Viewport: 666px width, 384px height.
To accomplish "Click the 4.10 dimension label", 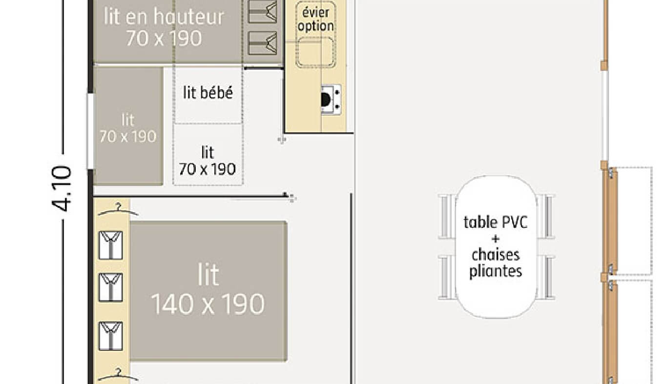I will (x=62, y=189).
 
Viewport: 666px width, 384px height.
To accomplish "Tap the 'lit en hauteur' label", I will (x=164, y=17).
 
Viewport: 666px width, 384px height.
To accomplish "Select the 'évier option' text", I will (x=315, y=20).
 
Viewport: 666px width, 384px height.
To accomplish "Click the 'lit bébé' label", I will (x=208, y=92).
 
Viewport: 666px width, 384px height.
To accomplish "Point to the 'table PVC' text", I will (x=495, y=222).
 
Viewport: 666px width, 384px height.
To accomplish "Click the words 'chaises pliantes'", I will (x=496, y=263).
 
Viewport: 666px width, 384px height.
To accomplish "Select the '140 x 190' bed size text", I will (x=208, y=304).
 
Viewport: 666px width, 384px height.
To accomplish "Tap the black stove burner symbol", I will (x=326, y=100).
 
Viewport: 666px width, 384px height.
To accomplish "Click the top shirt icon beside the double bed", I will (x=111, y=245).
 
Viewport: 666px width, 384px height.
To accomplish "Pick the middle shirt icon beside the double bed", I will (x=111, y=287).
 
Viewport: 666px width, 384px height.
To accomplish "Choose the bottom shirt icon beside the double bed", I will (x=111, y=336).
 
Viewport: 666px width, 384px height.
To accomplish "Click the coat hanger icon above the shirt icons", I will (x=117, y=209).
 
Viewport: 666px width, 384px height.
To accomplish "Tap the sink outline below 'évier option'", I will (x=315, y=51).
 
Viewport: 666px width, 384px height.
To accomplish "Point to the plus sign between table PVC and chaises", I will (x=496, y=239).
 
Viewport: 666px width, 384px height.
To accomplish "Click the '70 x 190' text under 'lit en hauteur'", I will (x=164, y=38).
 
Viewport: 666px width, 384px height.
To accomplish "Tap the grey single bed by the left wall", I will (x=127, y=126).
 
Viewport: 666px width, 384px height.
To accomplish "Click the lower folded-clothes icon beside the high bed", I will (x=263, y=42).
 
